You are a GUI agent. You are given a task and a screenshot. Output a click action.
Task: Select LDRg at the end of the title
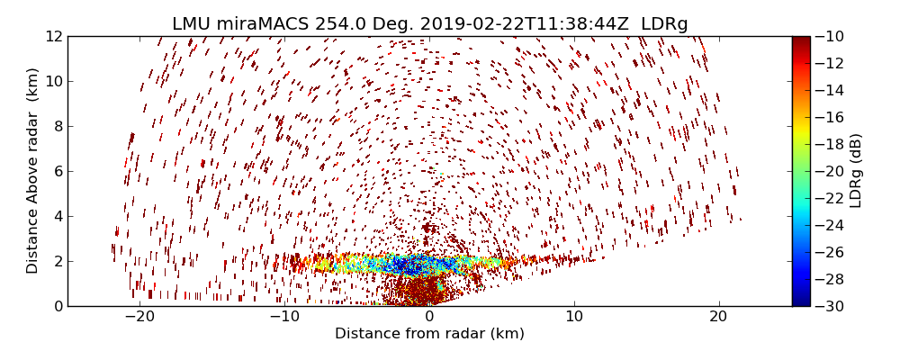[x=664, y=24]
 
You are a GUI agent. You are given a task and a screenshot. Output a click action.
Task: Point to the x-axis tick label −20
[x=139, y=317]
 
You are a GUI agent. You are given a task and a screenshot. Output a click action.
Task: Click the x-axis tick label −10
[x=284, y=317]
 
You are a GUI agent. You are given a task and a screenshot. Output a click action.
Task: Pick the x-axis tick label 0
[x=429, y=317]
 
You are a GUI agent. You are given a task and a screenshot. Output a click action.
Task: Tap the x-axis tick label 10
[x=574, y=317]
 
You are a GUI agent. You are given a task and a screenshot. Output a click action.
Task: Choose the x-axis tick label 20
[x=718, y=317]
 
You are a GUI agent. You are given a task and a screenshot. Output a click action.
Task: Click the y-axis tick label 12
[x=54, y=37]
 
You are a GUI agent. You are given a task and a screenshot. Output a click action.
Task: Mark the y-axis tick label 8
[x=58, y=127]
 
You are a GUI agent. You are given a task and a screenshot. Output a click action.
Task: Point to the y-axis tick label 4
[x=58, y=217]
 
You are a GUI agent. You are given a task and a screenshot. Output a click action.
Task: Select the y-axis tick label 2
[x=58, y=262]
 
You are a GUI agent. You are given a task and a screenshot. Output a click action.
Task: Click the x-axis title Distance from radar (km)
[x=429, y=334]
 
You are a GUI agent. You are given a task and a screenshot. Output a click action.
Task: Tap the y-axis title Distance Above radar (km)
[x=32, y=171]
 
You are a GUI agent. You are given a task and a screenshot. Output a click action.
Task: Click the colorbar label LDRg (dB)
[x=856, y=171]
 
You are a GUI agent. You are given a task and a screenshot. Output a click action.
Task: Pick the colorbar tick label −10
[x=830, y=37]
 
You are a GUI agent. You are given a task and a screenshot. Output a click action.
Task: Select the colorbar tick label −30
[x=830, y=306]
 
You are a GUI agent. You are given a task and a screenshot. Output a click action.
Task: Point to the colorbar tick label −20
[x=830, y=171]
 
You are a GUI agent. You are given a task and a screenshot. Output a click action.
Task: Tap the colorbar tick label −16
[x=830, y=117]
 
